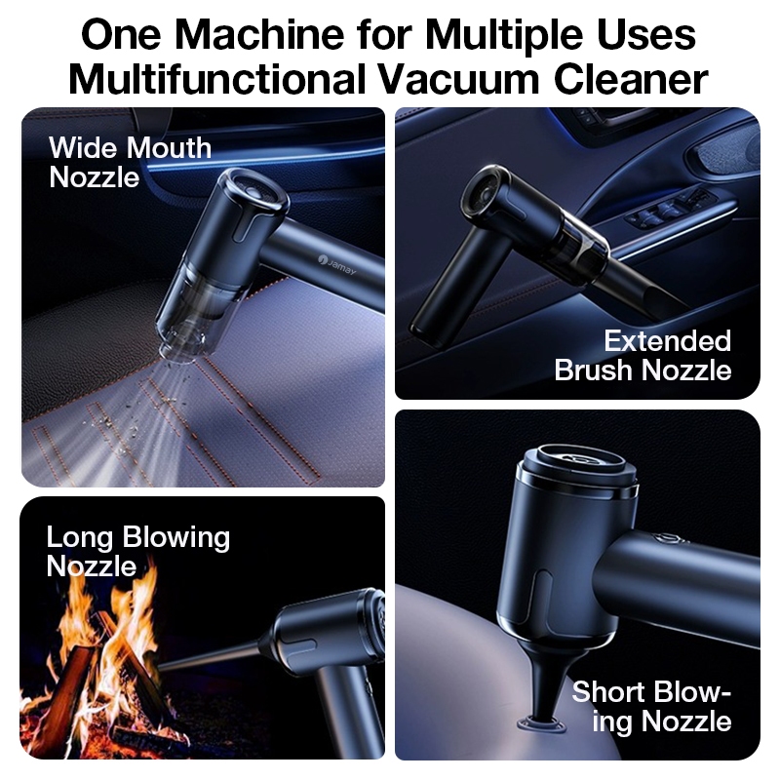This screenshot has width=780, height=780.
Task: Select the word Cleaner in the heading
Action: [x=631, y=79]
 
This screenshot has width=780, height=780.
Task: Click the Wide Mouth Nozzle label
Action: [x=131, y=163]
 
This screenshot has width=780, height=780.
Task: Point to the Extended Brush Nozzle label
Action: [x=643, y=355]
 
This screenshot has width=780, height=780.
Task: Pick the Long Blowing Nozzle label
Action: [x=137, y=551]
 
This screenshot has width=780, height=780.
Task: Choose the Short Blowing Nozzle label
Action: [x=651, y=706]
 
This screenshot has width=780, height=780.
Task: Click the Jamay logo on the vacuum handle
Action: [x=336, y=264]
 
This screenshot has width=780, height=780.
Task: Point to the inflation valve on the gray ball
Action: [x=542, y=723]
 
